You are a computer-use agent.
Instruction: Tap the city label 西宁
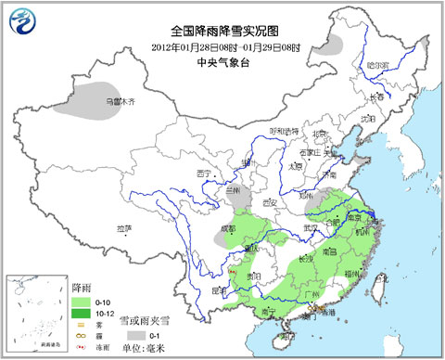click(x=206, y=174)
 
